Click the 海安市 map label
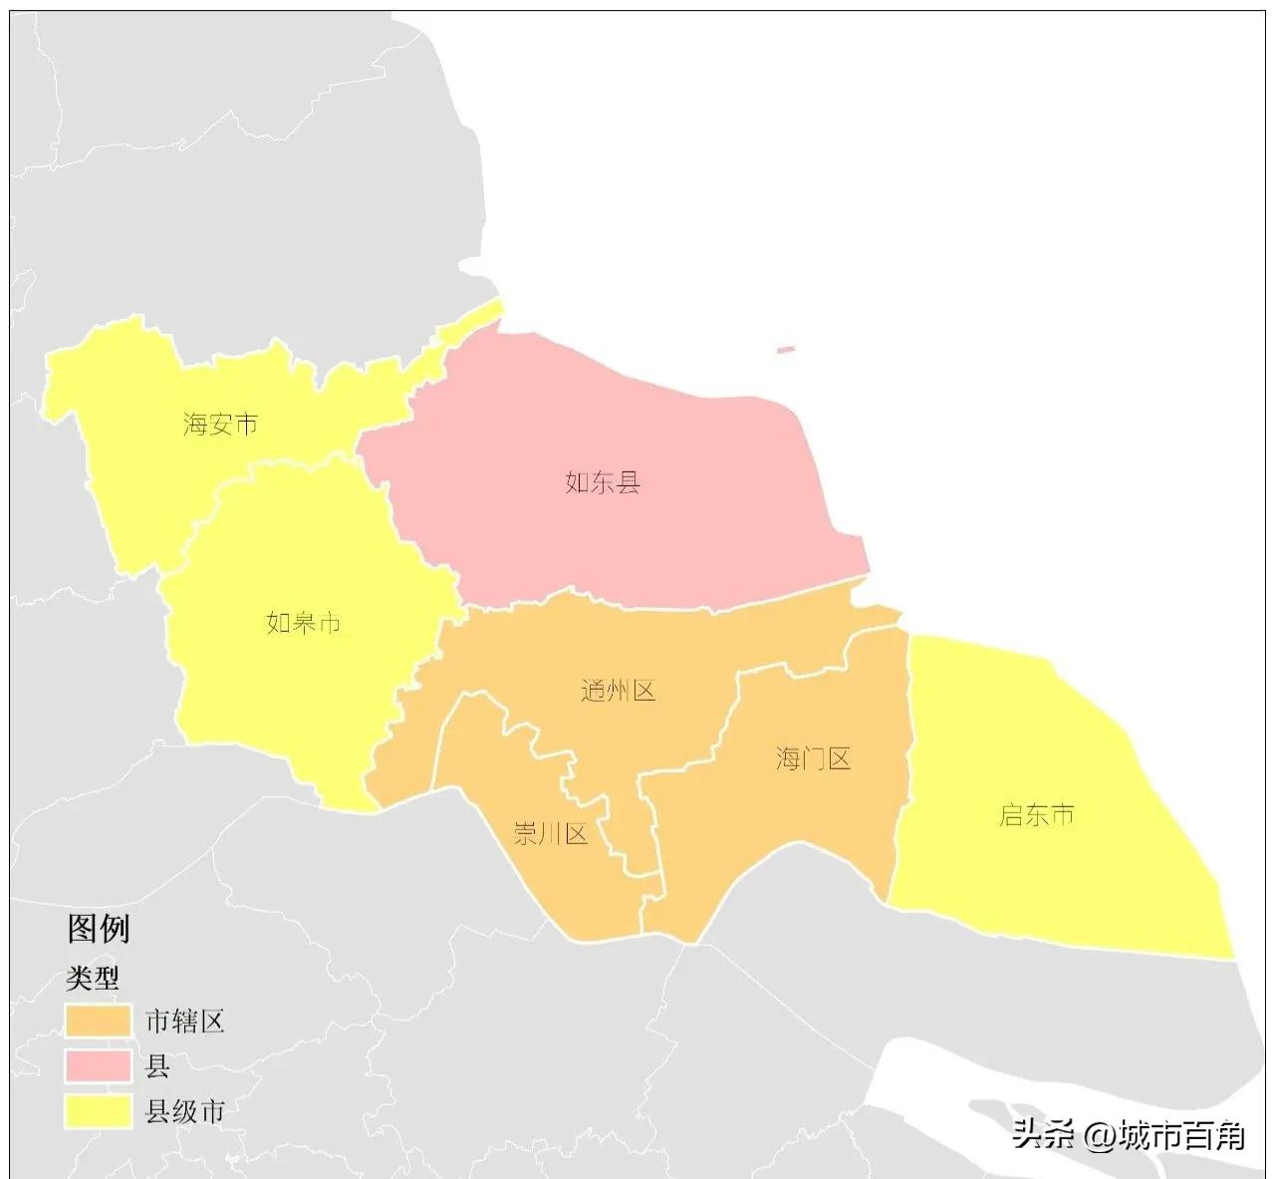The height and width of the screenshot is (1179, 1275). coord(221,425)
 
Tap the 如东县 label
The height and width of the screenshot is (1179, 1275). coord(603,483)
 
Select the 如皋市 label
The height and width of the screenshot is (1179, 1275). coord(304,623)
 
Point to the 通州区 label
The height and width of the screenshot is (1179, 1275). coord(619,691)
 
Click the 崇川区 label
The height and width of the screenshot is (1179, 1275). coord(551,833)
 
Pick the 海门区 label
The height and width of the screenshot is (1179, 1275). coord(814,759)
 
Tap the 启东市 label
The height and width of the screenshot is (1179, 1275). coord(1037,815)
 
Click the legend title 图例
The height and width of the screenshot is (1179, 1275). coord(99,929)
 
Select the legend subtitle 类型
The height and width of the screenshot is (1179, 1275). coord(93,979)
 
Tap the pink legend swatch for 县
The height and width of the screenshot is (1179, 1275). coord(99,1066)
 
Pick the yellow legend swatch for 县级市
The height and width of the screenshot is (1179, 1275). coord(99,1111)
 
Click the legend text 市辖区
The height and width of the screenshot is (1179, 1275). coord(185,1022)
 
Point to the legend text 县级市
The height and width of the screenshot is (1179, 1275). coord(185,1111)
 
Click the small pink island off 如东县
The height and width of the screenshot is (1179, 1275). coord(786,350)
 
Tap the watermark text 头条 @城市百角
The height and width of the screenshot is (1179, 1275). coord(1129,1135)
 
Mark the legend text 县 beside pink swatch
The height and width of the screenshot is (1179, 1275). coord(157,1066)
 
